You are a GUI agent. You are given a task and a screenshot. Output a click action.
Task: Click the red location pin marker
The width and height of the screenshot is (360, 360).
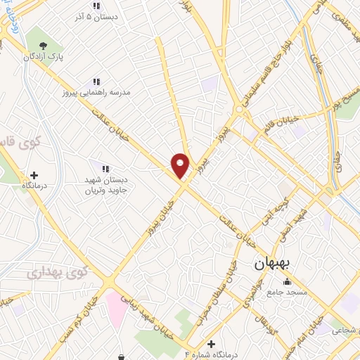[181, 165]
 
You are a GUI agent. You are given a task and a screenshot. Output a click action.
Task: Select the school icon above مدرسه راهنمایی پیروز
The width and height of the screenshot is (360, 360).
[96, 82]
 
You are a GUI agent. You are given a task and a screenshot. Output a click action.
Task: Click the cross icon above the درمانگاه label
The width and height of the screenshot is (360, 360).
[34, 174]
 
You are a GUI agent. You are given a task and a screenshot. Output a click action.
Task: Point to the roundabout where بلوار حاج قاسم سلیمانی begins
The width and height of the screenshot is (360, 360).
[240, 110]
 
